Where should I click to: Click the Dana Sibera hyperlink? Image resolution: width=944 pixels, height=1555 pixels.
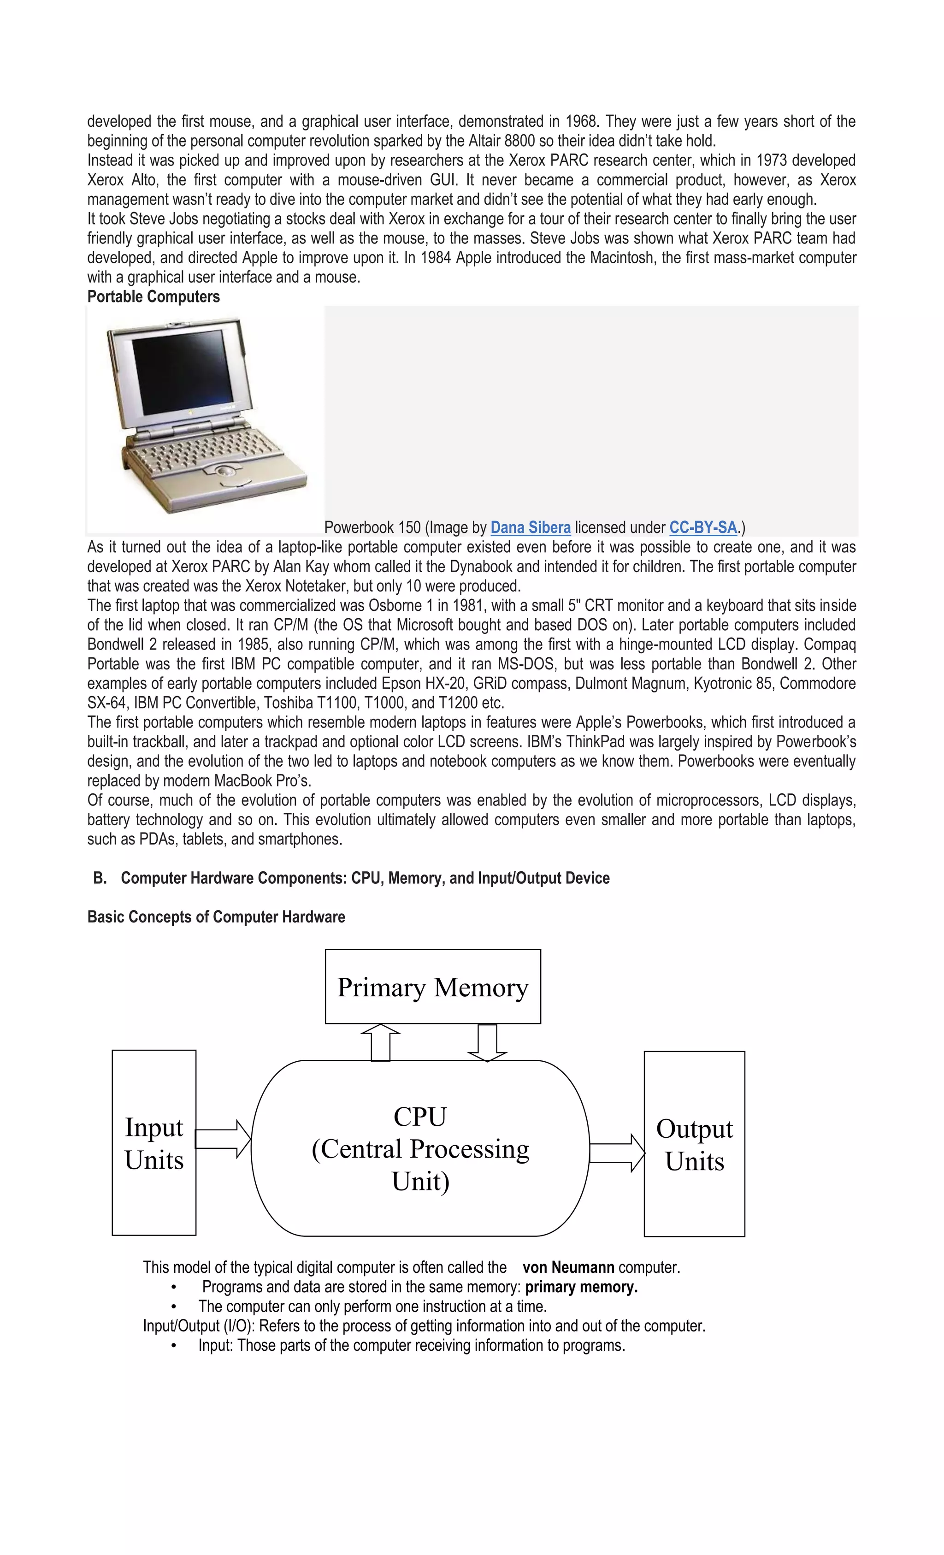[530, 527]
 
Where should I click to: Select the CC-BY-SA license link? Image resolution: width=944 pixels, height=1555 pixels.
[703, 527]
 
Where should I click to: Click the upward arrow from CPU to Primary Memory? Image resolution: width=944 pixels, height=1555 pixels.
[380, 1042]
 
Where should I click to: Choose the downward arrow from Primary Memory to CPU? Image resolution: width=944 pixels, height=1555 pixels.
[487, 1042]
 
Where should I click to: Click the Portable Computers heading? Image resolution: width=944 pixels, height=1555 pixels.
[153, 296]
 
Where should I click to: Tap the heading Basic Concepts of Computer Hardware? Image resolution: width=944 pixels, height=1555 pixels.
[216, 917]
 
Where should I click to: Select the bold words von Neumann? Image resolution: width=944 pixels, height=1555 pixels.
[568, 1267]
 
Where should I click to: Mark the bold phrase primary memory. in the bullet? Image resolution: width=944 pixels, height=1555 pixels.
[581, 1287]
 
